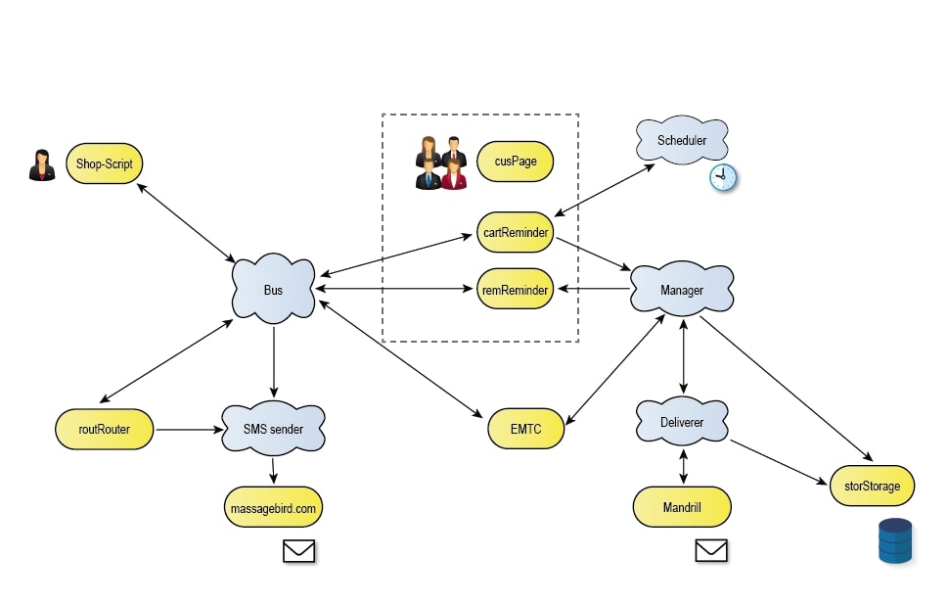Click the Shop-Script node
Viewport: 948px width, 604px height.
105,163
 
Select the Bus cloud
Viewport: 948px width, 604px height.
273,291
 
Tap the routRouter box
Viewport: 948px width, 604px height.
105,429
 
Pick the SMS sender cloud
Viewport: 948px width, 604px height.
273,429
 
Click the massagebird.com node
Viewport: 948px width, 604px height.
273,508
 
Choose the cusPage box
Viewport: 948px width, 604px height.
515,162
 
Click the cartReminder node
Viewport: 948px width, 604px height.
516,232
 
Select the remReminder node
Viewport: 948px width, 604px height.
516,290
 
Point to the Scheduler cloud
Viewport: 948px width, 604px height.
682,141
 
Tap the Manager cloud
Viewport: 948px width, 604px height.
682,290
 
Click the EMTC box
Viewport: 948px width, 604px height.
525,429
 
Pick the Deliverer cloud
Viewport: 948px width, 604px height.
682,422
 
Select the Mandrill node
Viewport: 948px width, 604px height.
682,508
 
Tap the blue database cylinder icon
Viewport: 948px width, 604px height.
894,541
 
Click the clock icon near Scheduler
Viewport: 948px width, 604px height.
722,177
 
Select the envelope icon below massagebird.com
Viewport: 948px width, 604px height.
298,552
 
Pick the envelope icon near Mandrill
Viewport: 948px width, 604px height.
711,551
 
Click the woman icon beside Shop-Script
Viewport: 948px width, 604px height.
41,165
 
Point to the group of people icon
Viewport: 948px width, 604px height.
441,163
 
